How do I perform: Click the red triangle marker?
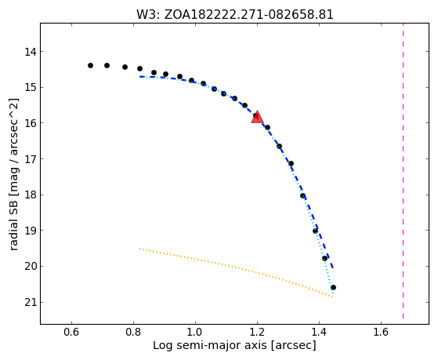[257, 117]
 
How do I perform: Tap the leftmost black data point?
[90, 65]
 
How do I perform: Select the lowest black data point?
[333, 287]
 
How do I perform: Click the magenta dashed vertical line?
[403, 171]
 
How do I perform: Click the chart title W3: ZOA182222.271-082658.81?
[235, 15]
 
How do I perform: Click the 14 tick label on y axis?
[31, 52]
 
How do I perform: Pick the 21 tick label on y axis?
[31, 303]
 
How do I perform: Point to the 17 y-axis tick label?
[31, 159]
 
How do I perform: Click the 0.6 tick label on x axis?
[72, 332]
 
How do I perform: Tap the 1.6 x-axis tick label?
[381, 332]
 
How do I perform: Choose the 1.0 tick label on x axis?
[195, 332]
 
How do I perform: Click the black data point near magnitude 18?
[302, 195]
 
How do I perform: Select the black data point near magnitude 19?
[315, 231]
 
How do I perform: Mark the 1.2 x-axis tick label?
[257, 332]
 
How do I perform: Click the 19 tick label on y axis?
[31, 231]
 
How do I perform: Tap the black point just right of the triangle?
[267, 127]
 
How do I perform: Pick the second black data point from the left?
[107, 65]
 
